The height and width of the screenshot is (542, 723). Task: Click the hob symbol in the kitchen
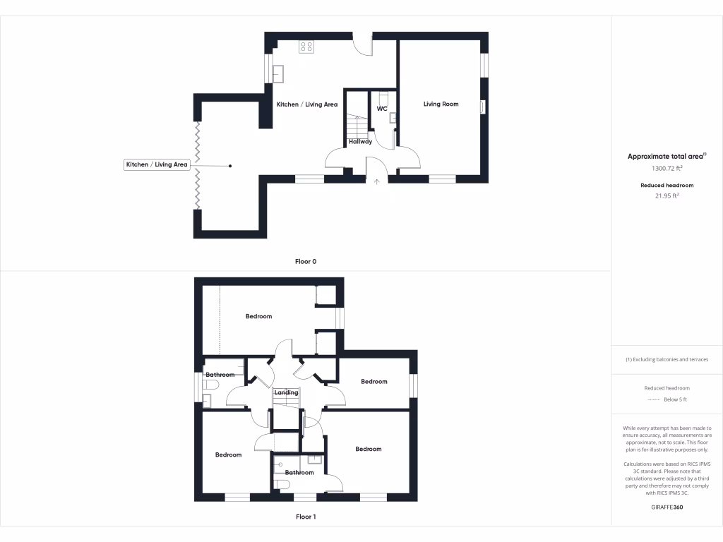click(x=307, y=47)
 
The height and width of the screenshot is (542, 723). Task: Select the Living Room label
click(x=441, y=104)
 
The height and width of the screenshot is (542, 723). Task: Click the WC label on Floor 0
click(x=381, y=109)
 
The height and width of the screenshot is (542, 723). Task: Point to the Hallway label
click(x=360, y=142)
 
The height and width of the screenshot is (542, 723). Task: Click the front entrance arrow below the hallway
click(x=376, y=182)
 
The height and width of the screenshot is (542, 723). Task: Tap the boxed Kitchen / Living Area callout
click(x=157, y=164)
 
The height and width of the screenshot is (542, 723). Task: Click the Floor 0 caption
click(x=306, y=261)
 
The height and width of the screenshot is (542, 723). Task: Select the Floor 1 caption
click(x=306, y=517)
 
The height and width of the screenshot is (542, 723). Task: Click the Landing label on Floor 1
click(x=286, y=392)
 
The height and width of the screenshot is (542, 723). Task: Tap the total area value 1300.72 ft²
click(x=667, y=169)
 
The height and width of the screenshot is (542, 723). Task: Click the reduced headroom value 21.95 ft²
click(x=667, y=196)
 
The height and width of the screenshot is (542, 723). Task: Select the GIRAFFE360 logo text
click(x=667, y=507)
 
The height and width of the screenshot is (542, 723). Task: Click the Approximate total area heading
click(x=667, y=157)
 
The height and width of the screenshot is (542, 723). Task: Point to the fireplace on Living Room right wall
click(x=482, y=107)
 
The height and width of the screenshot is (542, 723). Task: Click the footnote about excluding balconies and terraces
click(x=667, y=359)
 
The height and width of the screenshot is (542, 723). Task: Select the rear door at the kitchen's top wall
click(x=362, y=44)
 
